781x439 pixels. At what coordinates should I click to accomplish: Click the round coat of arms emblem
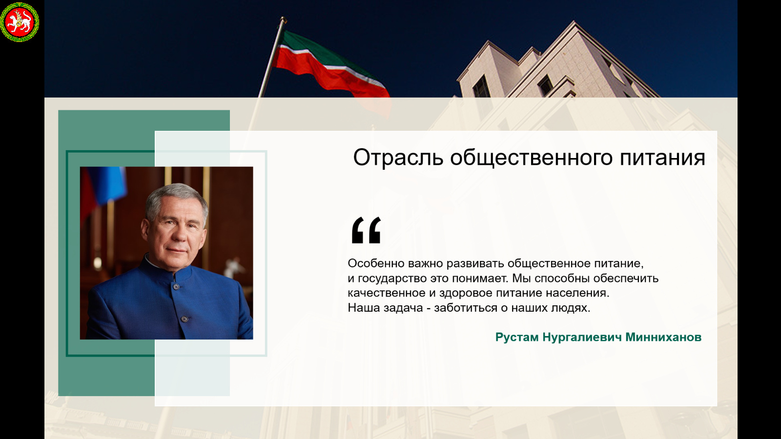(20, 22)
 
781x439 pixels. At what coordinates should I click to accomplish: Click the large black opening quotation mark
(366, 230)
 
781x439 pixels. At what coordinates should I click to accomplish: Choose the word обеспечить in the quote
(626, 279)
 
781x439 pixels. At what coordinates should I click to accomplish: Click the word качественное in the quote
(387, 293)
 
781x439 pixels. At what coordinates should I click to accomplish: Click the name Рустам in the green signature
(517, 337)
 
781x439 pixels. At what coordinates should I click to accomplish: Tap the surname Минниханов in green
(663, 337)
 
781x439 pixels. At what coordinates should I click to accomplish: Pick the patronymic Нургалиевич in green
(582, 337)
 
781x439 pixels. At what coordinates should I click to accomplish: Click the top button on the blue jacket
(176, 287)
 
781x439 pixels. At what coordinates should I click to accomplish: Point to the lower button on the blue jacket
(185, 319)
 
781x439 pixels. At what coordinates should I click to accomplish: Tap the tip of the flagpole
(283, 18)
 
